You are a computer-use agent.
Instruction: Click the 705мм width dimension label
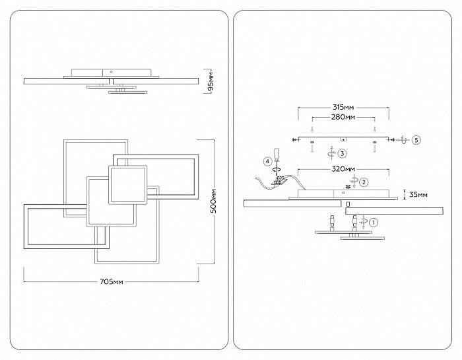tap(112, 282)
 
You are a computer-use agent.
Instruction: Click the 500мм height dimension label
tap(214, 201)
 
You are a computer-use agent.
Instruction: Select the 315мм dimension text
tap(343, 107)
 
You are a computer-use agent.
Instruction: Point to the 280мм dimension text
tap(343, 117)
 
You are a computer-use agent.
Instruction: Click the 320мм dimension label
tap(343, 169)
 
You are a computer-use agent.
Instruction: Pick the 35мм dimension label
tap(418, 195)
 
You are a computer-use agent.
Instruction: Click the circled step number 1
tap(374, 223)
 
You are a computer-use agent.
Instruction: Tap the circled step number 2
tap(364, 182)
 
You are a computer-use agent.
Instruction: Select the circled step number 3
tap(342, 153)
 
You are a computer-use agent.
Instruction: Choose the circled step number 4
tap(267, 161)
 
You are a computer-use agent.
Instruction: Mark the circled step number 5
tap(416, 140)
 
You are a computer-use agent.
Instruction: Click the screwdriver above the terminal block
tap(277, 159)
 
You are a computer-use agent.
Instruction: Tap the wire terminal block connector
tap(279, 181)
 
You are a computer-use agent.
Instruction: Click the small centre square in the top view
tap(128, 185)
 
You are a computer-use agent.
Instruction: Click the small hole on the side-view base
tap(111, 71)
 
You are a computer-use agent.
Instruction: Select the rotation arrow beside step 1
tap(364, 222)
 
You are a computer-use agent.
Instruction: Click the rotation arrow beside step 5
tap(403, 140)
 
